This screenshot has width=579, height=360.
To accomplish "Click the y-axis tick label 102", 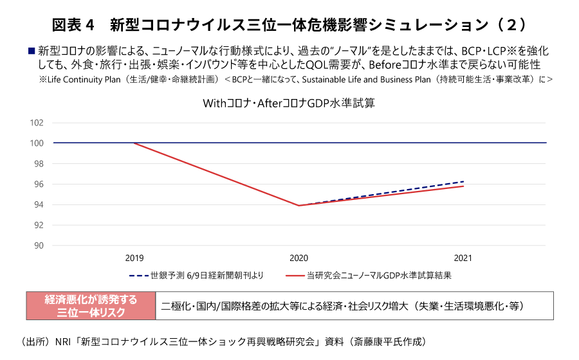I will click(x=37, y=123).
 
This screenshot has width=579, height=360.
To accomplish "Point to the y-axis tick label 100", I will click(x=37, y=143).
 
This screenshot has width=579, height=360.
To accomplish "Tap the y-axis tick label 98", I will click(x=38, y=164).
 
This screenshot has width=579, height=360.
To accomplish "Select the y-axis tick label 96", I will click(x=38, y=184).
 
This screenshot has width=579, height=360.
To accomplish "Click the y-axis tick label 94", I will click(x=38, y=205).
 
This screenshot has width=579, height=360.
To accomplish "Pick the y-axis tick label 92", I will click(x=38, y=225).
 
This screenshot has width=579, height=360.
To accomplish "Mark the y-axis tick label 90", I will click(x=38, y=246).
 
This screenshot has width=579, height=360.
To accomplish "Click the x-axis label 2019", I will click(x=134, y=258).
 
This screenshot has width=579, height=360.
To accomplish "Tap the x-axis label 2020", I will click(x=299, y=258).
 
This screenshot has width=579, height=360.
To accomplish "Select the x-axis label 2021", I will click(x=463, y=258).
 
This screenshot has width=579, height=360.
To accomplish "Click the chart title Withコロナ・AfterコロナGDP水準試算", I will click(x=289, y=104).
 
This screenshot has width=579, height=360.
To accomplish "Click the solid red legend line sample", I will click(x=294, y=276).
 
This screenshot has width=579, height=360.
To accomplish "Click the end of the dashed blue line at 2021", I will click(x=463, y=181).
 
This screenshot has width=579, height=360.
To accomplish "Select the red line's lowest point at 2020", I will click(x=299, y=206).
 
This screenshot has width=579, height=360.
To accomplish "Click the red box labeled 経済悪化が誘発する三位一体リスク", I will click(x=90, y=306).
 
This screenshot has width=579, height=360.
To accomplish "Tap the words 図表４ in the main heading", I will click(x=73, y=25).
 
